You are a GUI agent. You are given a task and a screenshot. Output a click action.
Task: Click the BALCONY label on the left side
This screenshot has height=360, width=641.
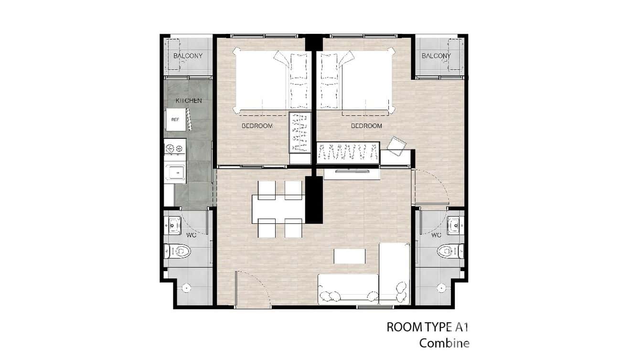188,56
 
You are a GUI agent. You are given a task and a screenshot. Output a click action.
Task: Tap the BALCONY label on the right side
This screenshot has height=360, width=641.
436,56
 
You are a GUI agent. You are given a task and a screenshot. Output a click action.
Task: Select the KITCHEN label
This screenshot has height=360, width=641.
189,101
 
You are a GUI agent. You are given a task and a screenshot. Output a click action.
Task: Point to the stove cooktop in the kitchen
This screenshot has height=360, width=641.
175,148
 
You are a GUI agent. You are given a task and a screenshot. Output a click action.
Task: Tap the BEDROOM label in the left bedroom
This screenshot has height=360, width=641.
257,126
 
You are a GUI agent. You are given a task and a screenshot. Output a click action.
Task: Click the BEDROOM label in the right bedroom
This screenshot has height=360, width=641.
366,126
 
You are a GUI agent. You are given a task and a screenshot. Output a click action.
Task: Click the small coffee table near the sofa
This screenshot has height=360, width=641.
350,256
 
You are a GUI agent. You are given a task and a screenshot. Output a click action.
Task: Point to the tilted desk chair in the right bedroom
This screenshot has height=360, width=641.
396,145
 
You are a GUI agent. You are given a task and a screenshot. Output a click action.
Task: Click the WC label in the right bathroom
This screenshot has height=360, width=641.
436,235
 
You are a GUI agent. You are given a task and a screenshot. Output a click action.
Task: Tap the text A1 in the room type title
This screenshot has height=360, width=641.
462,327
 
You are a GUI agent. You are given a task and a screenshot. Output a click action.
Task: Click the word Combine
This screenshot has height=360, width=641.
444,343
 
